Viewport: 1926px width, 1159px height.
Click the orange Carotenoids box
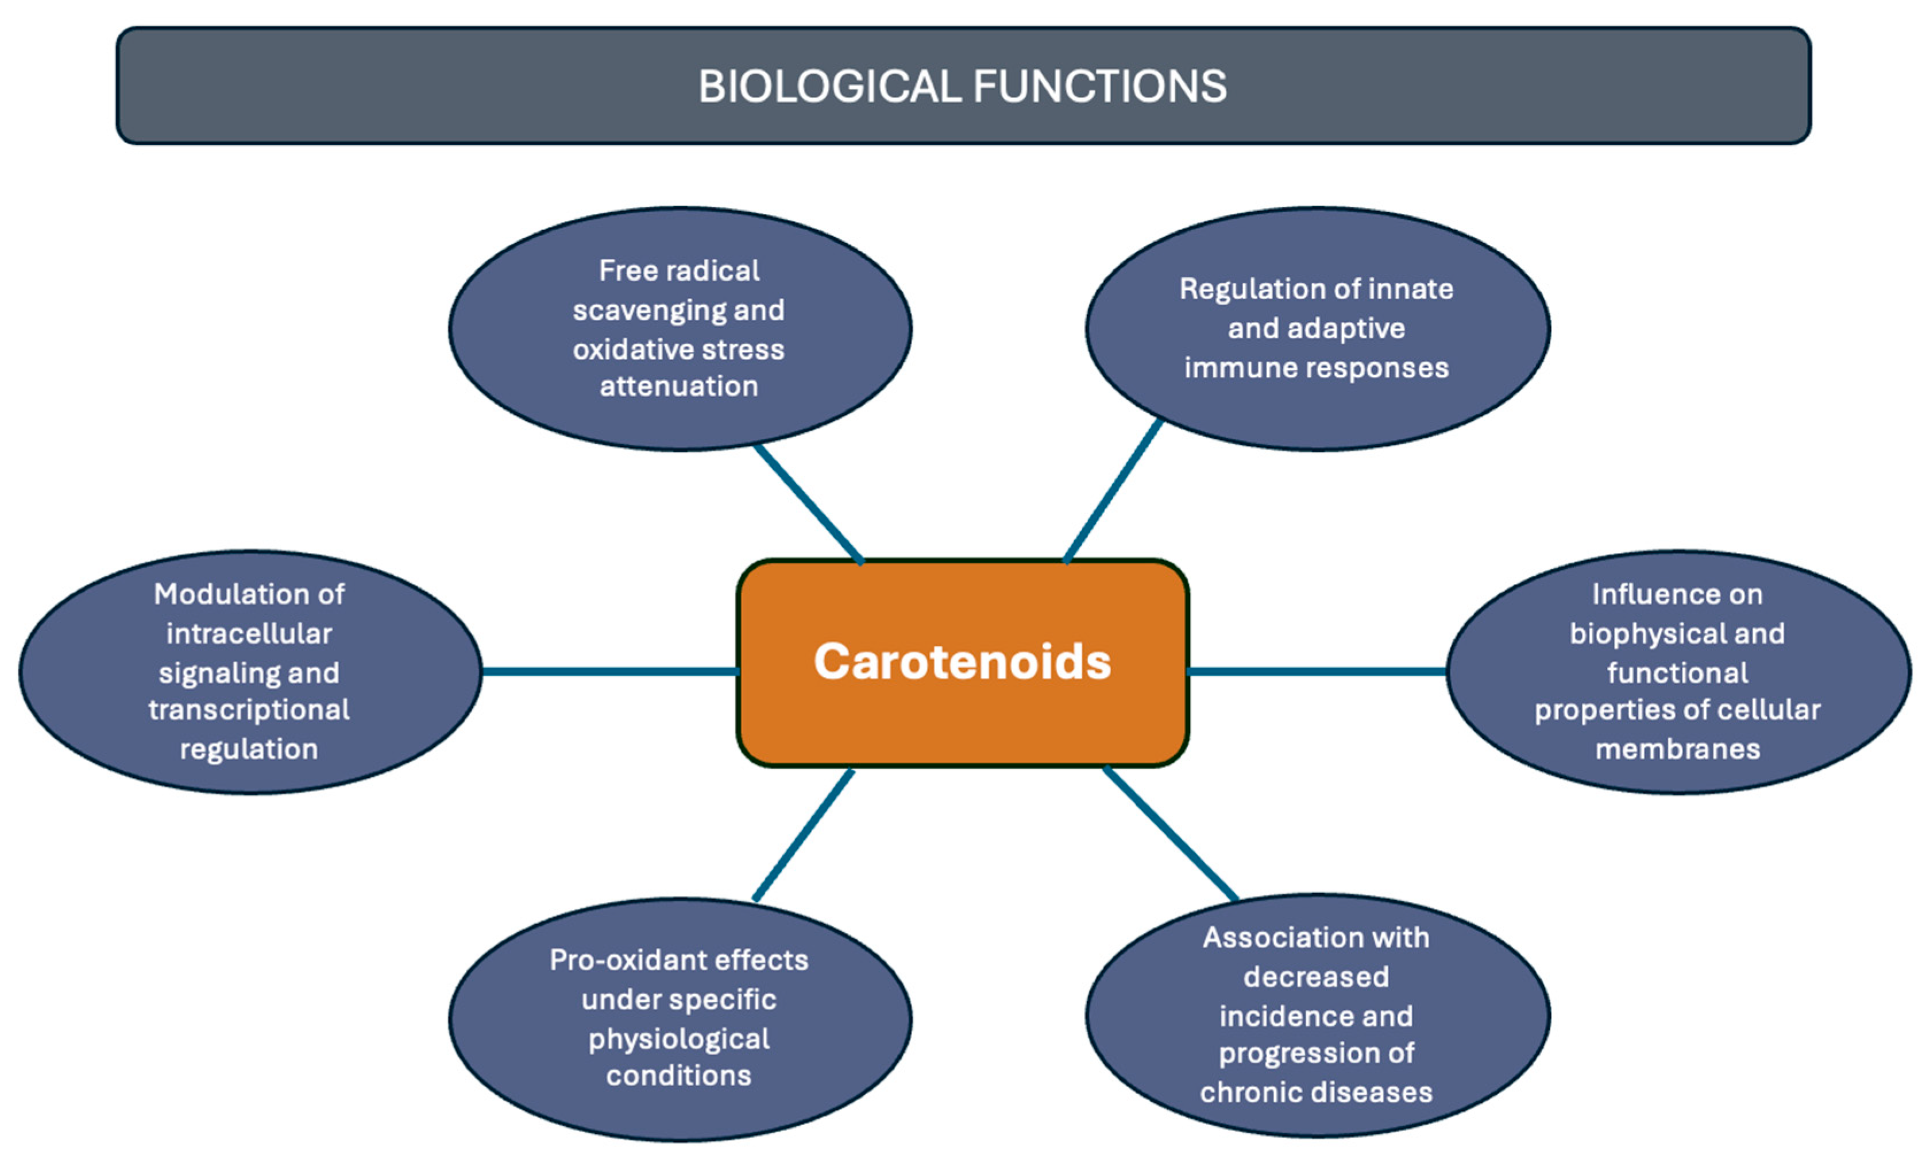coord(963,719)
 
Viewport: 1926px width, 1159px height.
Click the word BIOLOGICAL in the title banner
coord(828,86)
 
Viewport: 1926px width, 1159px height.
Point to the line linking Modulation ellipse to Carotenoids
coord(609,672)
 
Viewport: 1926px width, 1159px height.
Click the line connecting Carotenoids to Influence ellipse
coord(1317,672)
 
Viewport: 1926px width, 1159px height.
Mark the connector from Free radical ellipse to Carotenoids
coord(809,504)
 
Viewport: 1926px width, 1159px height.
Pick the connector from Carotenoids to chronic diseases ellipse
coord(1170,834)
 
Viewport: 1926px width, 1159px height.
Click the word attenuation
coord(678,386)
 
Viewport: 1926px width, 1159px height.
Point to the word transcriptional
coord(249,710)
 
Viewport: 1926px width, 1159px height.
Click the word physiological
coord(678,1038)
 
